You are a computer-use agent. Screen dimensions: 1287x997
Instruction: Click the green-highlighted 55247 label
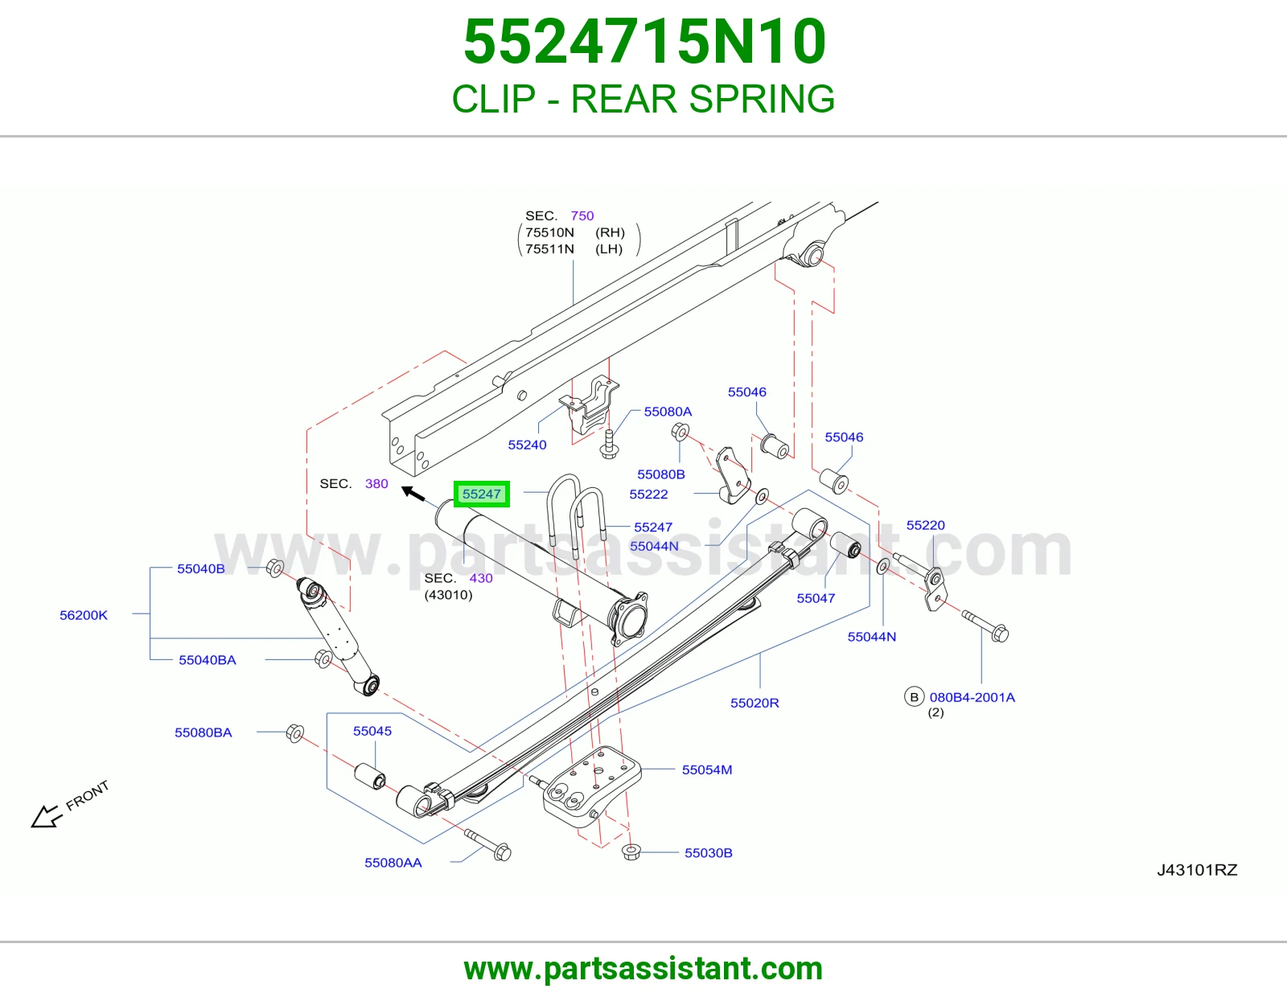482,494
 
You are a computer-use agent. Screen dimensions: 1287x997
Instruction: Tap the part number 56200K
84,615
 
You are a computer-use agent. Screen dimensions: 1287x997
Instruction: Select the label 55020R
755,703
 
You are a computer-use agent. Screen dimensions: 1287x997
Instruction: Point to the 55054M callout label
707,769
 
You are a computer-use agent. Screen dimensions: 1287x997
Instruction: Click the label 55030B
709,852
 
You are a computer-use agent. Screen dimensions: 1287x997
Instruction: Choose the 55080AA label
393,863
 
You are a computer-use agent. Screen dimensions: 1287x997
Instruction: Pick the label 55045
372,731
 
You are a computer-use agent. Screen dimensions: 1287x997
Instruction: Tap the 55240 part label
527,445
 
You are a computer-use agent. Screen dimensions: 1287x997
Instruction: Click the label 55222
648,494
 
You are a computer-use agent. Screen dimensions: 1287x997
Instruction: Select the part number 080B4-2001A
972,697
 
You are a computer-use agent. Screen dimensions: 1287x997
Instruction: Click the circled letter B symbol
915,697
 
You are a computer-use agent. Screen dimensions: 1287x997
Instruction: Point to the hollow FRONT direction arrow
46,816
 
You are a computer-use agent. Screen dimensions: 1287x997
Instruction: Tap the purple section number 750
582,215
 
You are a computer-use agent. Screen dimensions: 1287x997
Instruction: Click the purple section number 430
481,578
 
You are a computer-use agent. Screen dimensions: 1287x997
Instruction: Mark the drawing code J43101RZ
1197,870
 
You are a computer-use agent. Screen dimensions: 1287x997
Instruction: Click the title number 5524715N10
644,41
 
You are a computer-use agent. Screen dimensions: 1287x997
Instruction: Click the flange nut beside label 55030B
631,852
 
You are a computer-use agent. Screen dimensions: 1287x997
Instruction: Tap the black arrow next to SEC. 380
413,493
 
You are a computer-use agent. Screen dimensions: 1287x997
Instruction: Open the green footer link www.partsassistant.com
643,969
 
